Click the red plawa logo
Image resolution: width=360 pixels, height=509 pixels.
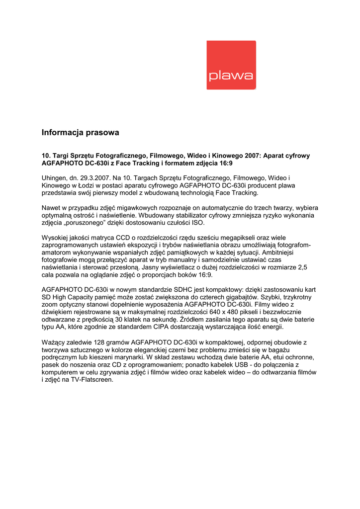(231, 65)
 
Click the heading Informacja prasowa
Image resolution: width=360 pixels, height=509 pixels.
(80, 133)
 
